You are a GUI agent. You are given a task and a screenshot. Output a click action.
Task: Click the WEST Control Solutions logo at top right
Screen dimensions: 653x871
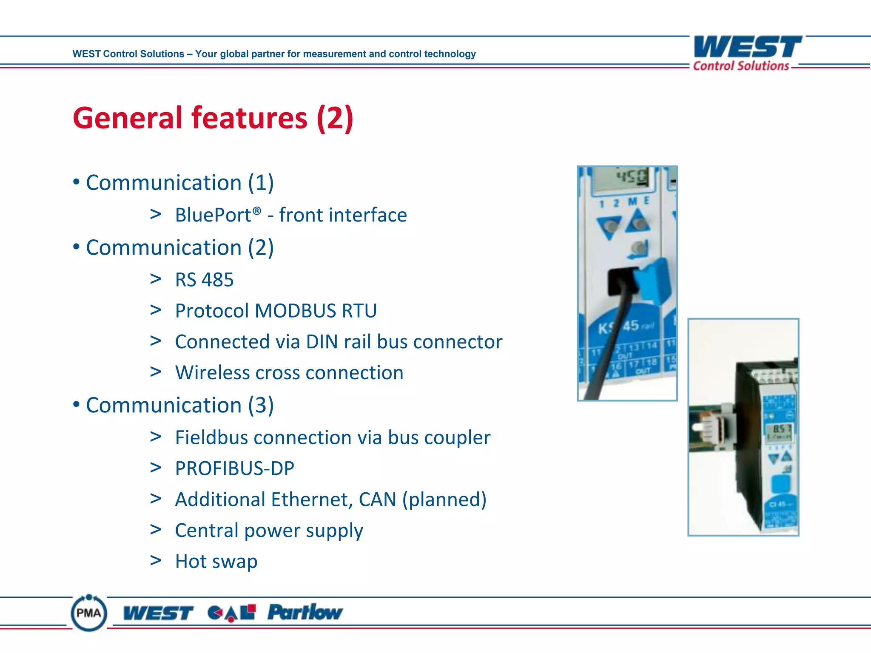click(747, 53)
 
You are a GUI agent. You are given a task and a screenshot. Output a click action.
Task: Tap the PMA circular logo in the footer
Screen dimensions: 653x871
click(89, 613)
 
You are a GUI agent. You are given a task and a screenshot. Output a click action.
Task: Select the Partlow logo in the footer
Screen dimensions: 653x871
click(305, 612)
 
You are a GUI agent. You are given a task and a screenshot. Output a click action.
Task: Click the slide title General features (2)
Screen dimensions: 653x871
click(213, 118)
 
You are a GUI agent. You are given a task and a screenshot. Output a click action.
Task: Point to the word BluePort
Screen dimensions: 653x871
click(213, 215)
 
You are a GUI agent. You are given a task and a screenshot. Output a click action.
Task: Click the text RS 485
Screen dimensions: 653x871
click(204, 280)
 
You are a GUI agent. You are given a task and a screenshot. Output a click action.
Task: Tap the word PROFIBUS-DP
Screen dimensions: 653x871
click(234, 468)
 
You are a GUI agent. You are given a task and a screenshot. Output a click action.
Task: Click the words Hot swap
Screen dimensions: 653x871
click(216, 562)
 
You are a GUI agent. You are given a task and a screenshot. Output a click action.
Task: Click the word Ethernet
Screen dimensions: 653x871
click(312, 500)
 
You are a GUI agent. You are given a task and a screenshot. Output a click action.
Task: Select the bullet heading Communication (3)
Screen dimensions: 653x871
click(179, 405)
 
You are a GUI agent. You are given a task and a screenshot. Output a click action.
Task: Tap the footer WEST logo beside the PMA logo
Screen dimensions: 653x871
click(158, 613)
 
